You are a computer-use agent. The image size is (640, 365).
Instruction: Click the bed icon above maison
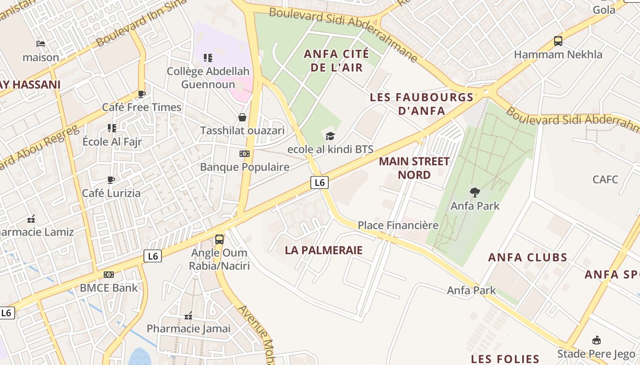41,44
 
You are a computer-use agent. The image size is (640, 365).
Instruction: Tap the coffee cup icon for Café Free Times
142,94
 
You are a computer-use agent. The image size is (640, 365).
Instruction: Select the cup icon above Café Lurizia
111,180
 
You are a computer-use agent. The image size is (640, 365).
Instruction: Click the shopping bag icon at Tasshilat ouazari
242,117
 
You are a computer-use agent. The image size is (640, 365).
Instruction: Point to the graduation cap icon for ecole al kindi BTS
330,136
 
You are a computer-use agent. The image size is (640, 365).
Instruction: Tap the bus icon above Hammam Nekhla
558,41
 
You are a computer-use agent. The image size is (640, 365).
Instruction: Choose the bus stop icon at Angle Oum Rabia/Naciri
219,239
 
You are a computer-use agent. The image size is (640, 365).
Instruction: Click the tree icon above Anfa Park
475,193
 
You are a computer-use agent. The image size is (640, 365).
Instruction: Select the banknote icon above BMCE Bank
108,275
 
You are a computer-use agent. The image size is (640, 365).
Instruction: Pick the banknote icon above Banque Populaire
245,154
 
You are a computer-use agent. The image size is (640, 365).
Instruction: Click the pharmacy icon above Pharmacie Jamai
188,316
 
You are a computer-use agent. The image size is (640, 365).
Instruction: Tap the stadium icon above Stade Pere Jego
596,340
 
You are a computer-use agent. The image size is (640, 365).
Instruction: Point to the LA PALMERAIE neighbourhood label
324,250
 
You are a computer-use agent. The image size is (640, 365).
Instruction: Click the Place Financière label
398,225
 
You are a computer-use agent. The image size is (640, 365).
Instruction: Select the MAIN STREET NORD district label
414,168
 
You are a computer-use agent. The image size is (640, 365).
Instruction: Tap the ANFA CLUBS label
528,257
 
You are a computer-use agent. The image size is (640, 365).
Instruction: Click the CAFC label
605,179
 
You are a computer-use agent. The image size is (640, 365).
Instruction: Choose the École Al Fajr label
112,141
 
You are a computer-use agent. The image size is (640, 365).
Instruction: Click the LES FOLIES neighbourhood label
505,359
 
